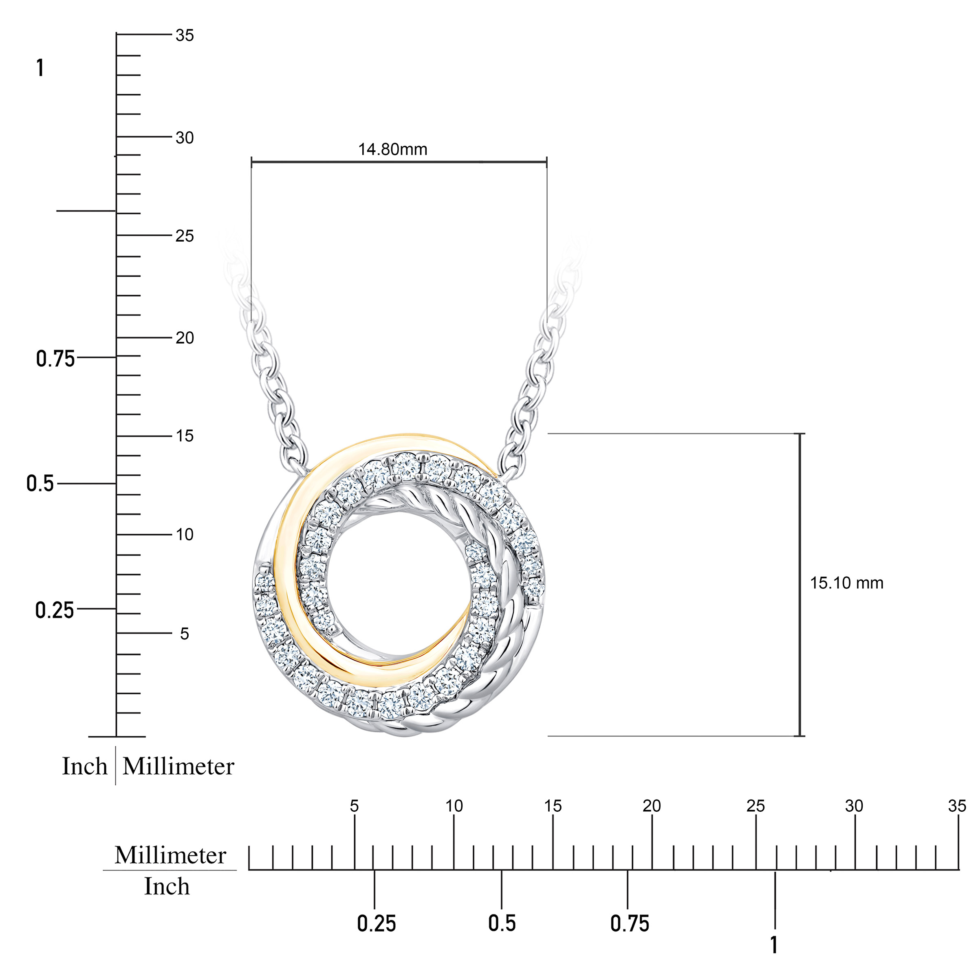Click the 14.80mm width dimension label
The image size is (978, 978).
[393, 149]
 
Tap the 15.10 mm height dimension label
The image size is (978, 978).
[846, 583]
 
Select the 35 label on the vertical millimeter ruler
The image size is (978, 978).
[185, 35]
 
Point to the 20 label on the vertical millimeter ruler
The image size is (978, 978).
[185, 338]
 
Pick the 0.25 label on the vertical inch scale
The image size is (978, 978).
[55, 610]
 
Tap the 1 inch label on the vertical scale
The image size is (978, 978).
[40, 68]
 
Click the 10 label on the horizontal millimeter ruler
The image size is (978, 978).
[454, 806]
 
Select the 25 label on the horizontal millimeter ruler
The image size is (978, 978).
[756, 806]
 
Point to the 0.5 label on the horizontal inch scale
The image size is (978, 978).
[502, 923]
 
